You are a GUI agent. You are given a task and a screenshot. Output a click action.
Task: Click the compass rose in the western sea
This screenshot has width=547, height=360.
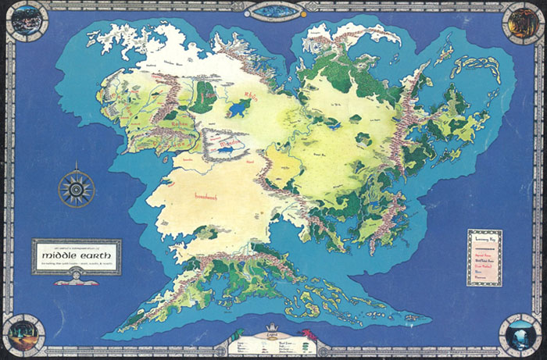(x=77, y=188)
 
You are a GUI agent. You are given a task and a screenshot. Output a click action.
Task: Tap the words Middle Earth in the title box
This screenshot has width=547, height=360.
(x=76, y=255)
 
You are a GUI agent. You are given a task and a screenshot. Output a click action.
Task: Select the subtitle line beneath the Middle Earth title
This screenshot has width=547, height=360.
(x=76, y=266)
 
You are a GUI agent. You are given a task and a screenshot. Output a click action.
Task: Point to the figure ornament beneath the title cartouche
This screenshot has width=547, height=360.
(x=76, y=279)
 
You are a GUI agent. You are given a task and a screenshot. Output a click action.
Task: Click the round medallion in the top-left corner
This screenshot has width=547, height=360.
(x=27, y=21)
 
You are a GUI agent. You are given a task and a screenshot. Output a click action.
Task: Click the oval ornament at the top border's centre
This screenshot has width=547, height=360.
(x=274, y=10)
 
